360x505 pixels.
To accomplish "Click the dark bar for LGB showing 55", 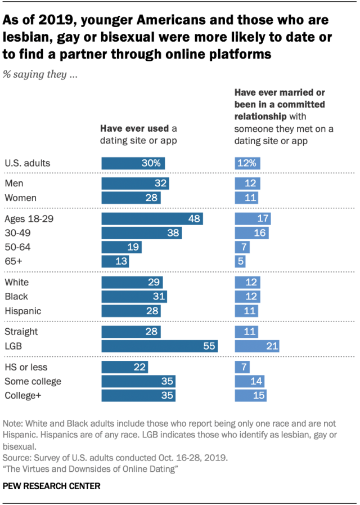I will pyautogui.click(x=159, y=346).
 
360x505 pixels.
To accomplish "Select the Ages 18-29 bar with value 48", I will pyautogui.click(x=152, y=219).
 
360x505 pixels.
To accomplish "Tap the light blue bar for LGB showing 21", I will pyautogui.click(x=257, y=346).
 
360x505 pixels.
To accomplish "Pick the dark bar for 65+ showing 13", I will pyautogui.click(x=115, y=261).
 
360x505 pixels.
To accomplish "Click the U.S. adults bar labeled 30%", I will pyautogui.click(x=133, y=163).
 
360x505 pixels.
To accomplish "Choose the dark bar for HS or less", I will pyautogui.click(x=124, y=368).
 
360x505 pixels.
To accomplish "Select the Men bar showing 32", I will pyautogui.click(x=135, y=184).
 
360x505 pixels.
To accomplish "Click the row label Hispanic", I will pyautogui.click(x=22, y=310).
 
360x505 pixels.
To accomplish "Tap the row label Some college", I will pyautogui.click(x=33, y=382).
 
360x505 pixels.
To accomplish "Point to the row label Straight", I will pyautogui.click(x=21, y=332).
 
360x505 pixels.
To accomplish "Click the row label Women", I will pyautogui.click(x=20, y=198).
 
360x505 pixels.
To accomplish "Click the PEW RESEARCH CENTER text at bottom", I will pyautogui.click(x=52, y=485).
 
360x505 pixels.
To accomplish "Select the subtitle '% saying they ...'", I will pyautogui.click(x=40, y=75).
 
